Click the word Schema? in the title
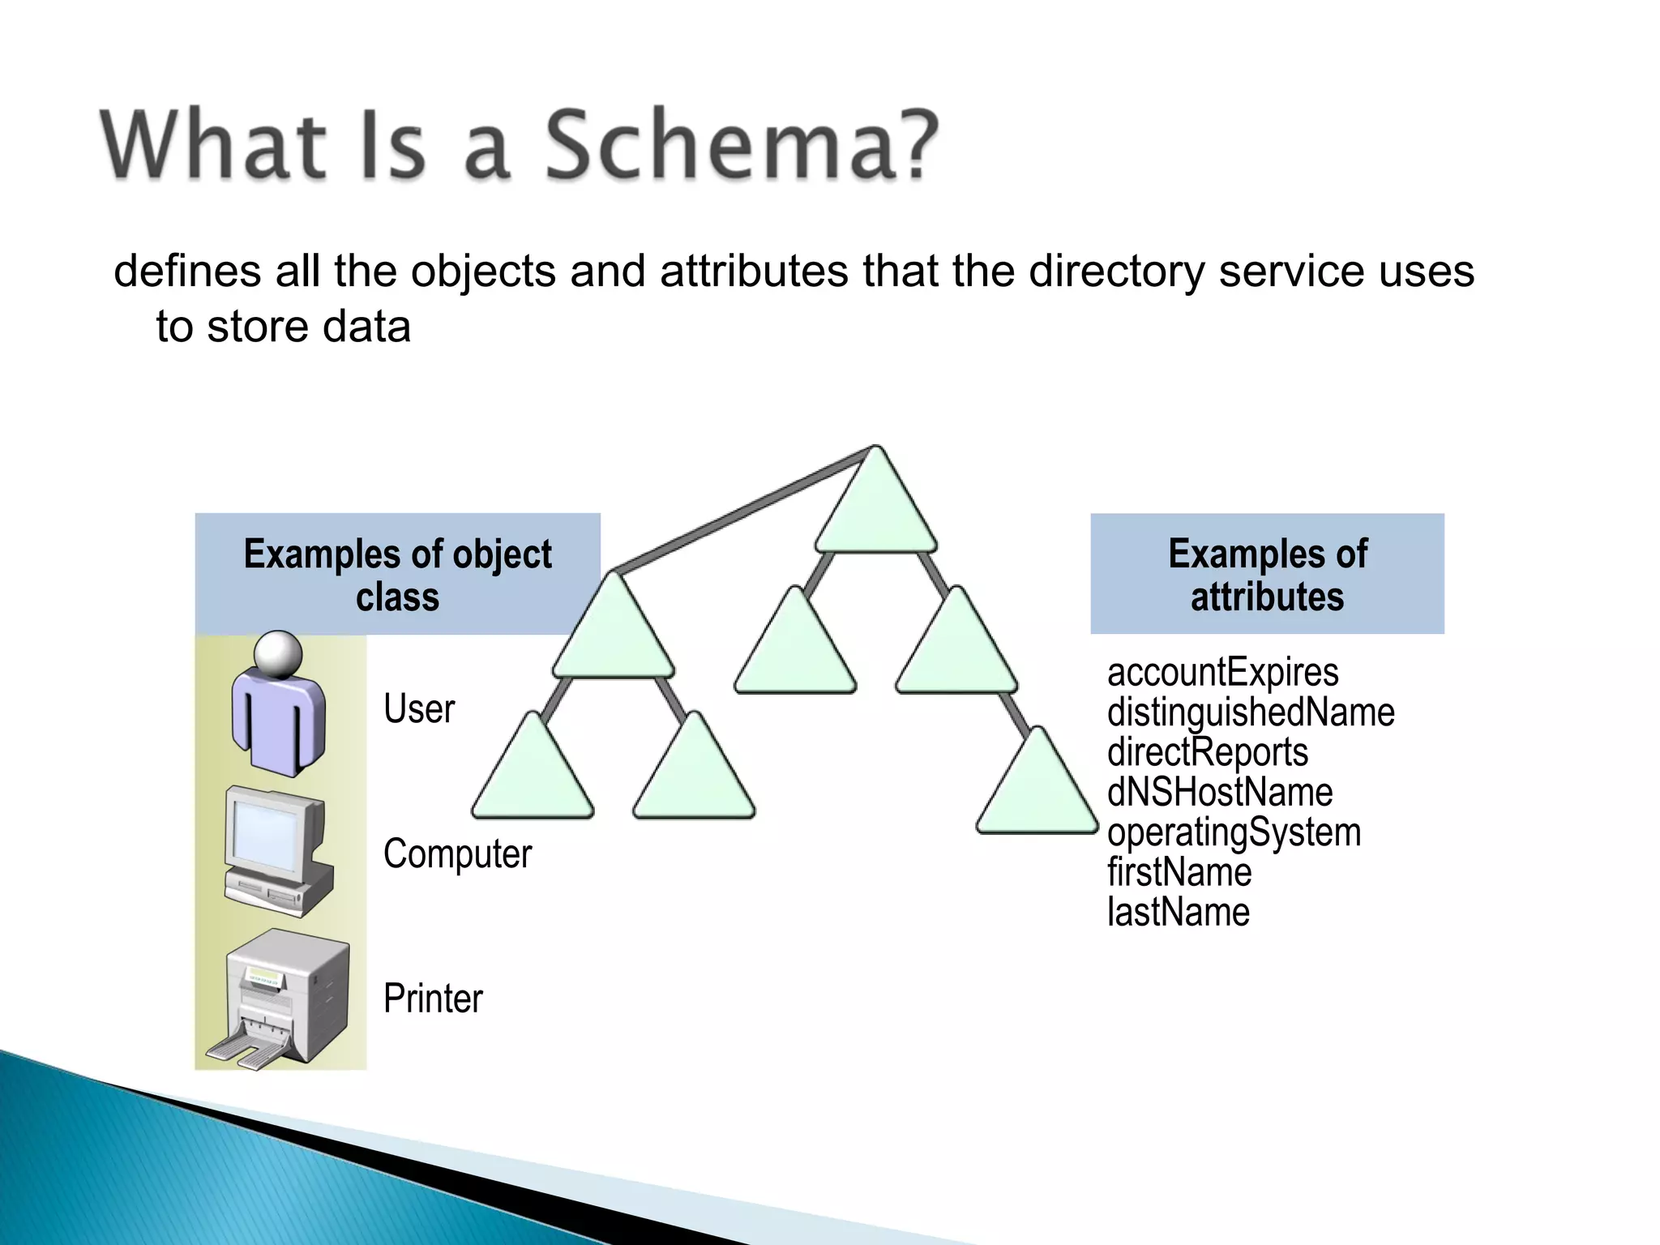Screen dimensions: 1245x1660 coord(742,146)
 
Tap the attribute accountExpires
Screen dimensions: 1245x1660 coord(1222,673)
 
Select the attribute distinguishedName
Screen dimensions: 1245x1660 coord(1251,712)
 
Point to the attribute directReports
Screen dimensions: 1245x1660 coord(1207,752)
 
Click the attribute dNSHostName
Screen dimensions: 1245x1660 coord(1219,792)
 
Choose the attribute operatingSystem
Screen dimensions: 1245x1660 coord(1234,832)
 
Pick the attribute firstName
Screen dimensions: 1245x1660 coord(1179,872)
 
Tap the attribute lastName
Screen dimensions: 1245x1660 coord(1178,912)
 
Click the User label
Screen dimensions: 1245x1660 coord(418,709)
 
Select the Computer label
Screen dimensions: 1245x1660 coord(457,854)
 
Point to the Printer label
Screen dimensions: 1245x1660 coord(432,998)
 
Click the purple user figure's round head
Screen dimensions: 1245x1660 coord(278,653)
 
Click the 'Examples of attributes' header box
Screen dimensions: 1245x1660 coord(1267,574)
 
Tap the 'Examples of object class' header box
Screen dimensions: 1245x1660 coord(397,574)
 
